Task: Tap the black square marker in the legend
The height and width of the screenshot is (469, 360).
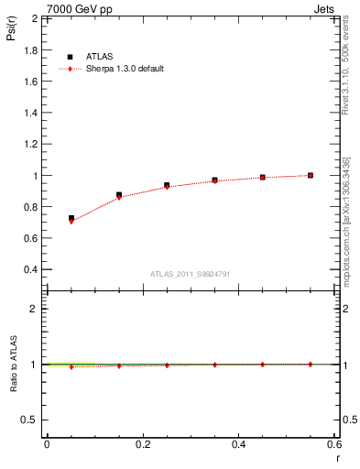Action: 70,57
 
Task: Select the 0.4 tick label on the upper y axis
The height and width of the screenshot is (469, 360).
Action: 31,270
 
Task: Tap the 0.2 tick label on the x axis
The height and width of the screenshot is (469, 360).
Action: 142,444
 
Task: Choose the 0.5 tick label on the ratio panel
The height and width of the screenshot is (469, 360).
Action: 29,420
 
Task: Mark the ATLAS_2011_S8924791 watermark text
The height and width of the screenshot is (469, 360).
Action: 190,274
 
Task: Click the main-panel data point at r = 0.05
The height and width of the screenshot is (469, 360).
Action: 71,219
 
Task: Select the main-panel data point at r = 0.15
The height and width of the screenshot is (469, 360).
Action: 119,195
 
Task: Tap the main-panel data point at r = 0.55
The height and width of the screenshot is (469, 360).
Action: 311,175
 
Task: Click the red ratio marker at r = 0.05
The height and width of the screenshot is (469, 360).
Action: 71,366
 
